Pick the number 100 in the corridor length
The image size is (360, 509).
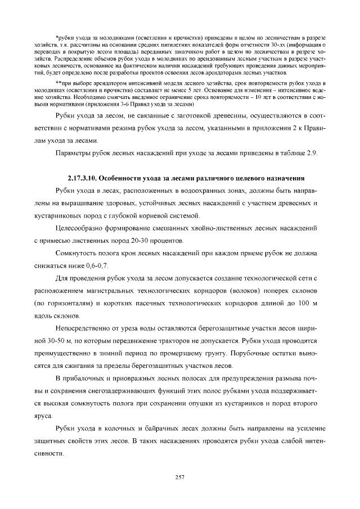tap(300, 304)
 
